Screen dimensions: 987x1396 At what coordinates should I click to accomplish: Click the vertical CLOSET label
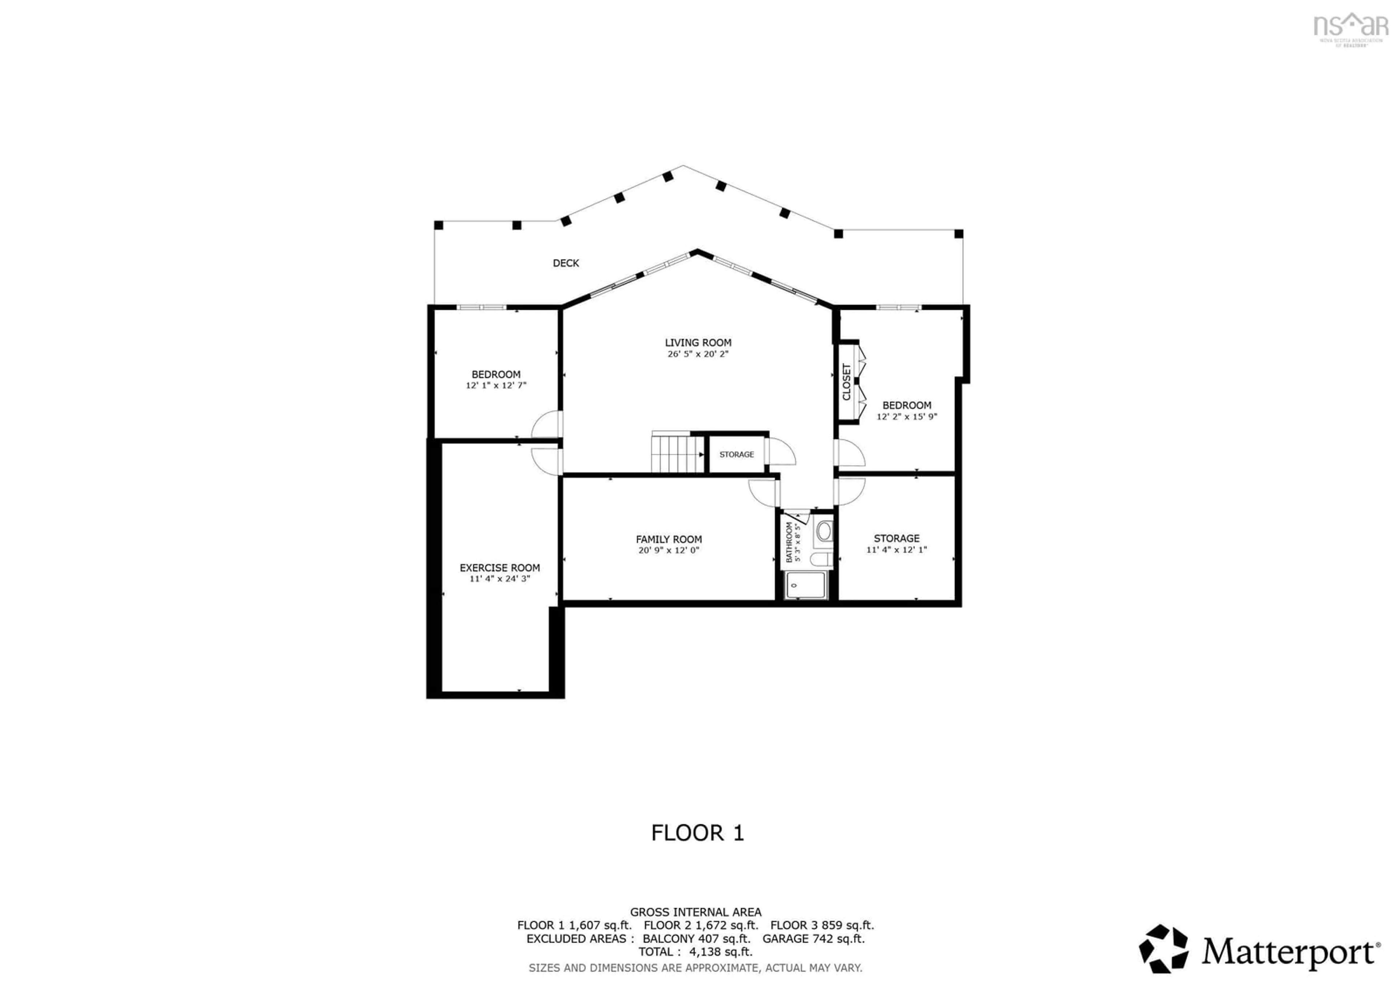[x=846, y=382]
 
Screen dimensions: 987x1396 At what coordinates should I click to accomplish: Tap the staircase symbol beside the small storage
[x=677, y=453]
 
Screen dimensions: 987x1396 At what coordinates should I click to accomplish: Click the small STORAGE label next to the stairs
[x=736, y=454]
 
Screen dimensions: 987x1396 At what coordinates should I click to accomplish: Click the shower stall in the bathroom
[x=806, y=586]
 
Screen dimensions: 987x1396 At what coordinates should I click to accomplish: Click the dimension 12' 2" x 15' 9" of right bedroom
[x=907, y=416]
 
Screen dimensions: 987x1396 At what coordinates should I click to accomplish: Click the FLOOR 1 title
[x=697, y=832]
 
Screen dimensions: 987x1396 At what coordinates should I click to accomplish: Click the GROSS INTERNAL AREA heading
[x=695, y=912]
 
